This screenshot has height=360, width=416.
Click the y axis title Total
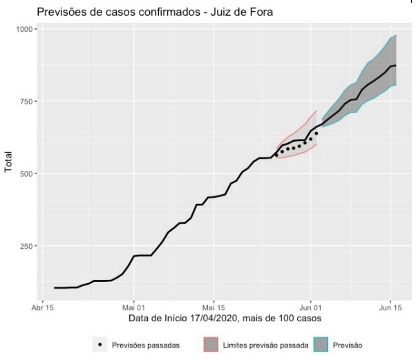point(9,160)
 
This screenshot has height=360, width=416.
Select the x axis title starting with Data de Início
point(225,318)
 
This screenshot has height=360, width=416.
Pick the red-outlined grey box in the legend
point(211,344)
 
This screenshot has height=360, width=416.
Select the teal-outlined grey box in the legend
point(321,344)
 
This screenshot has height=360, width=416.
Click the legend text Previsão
point(348,344)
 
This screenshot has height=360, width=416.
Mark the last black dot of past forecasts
point(316,133)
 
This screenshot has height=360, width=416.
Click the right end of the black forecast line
point(395,66)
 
